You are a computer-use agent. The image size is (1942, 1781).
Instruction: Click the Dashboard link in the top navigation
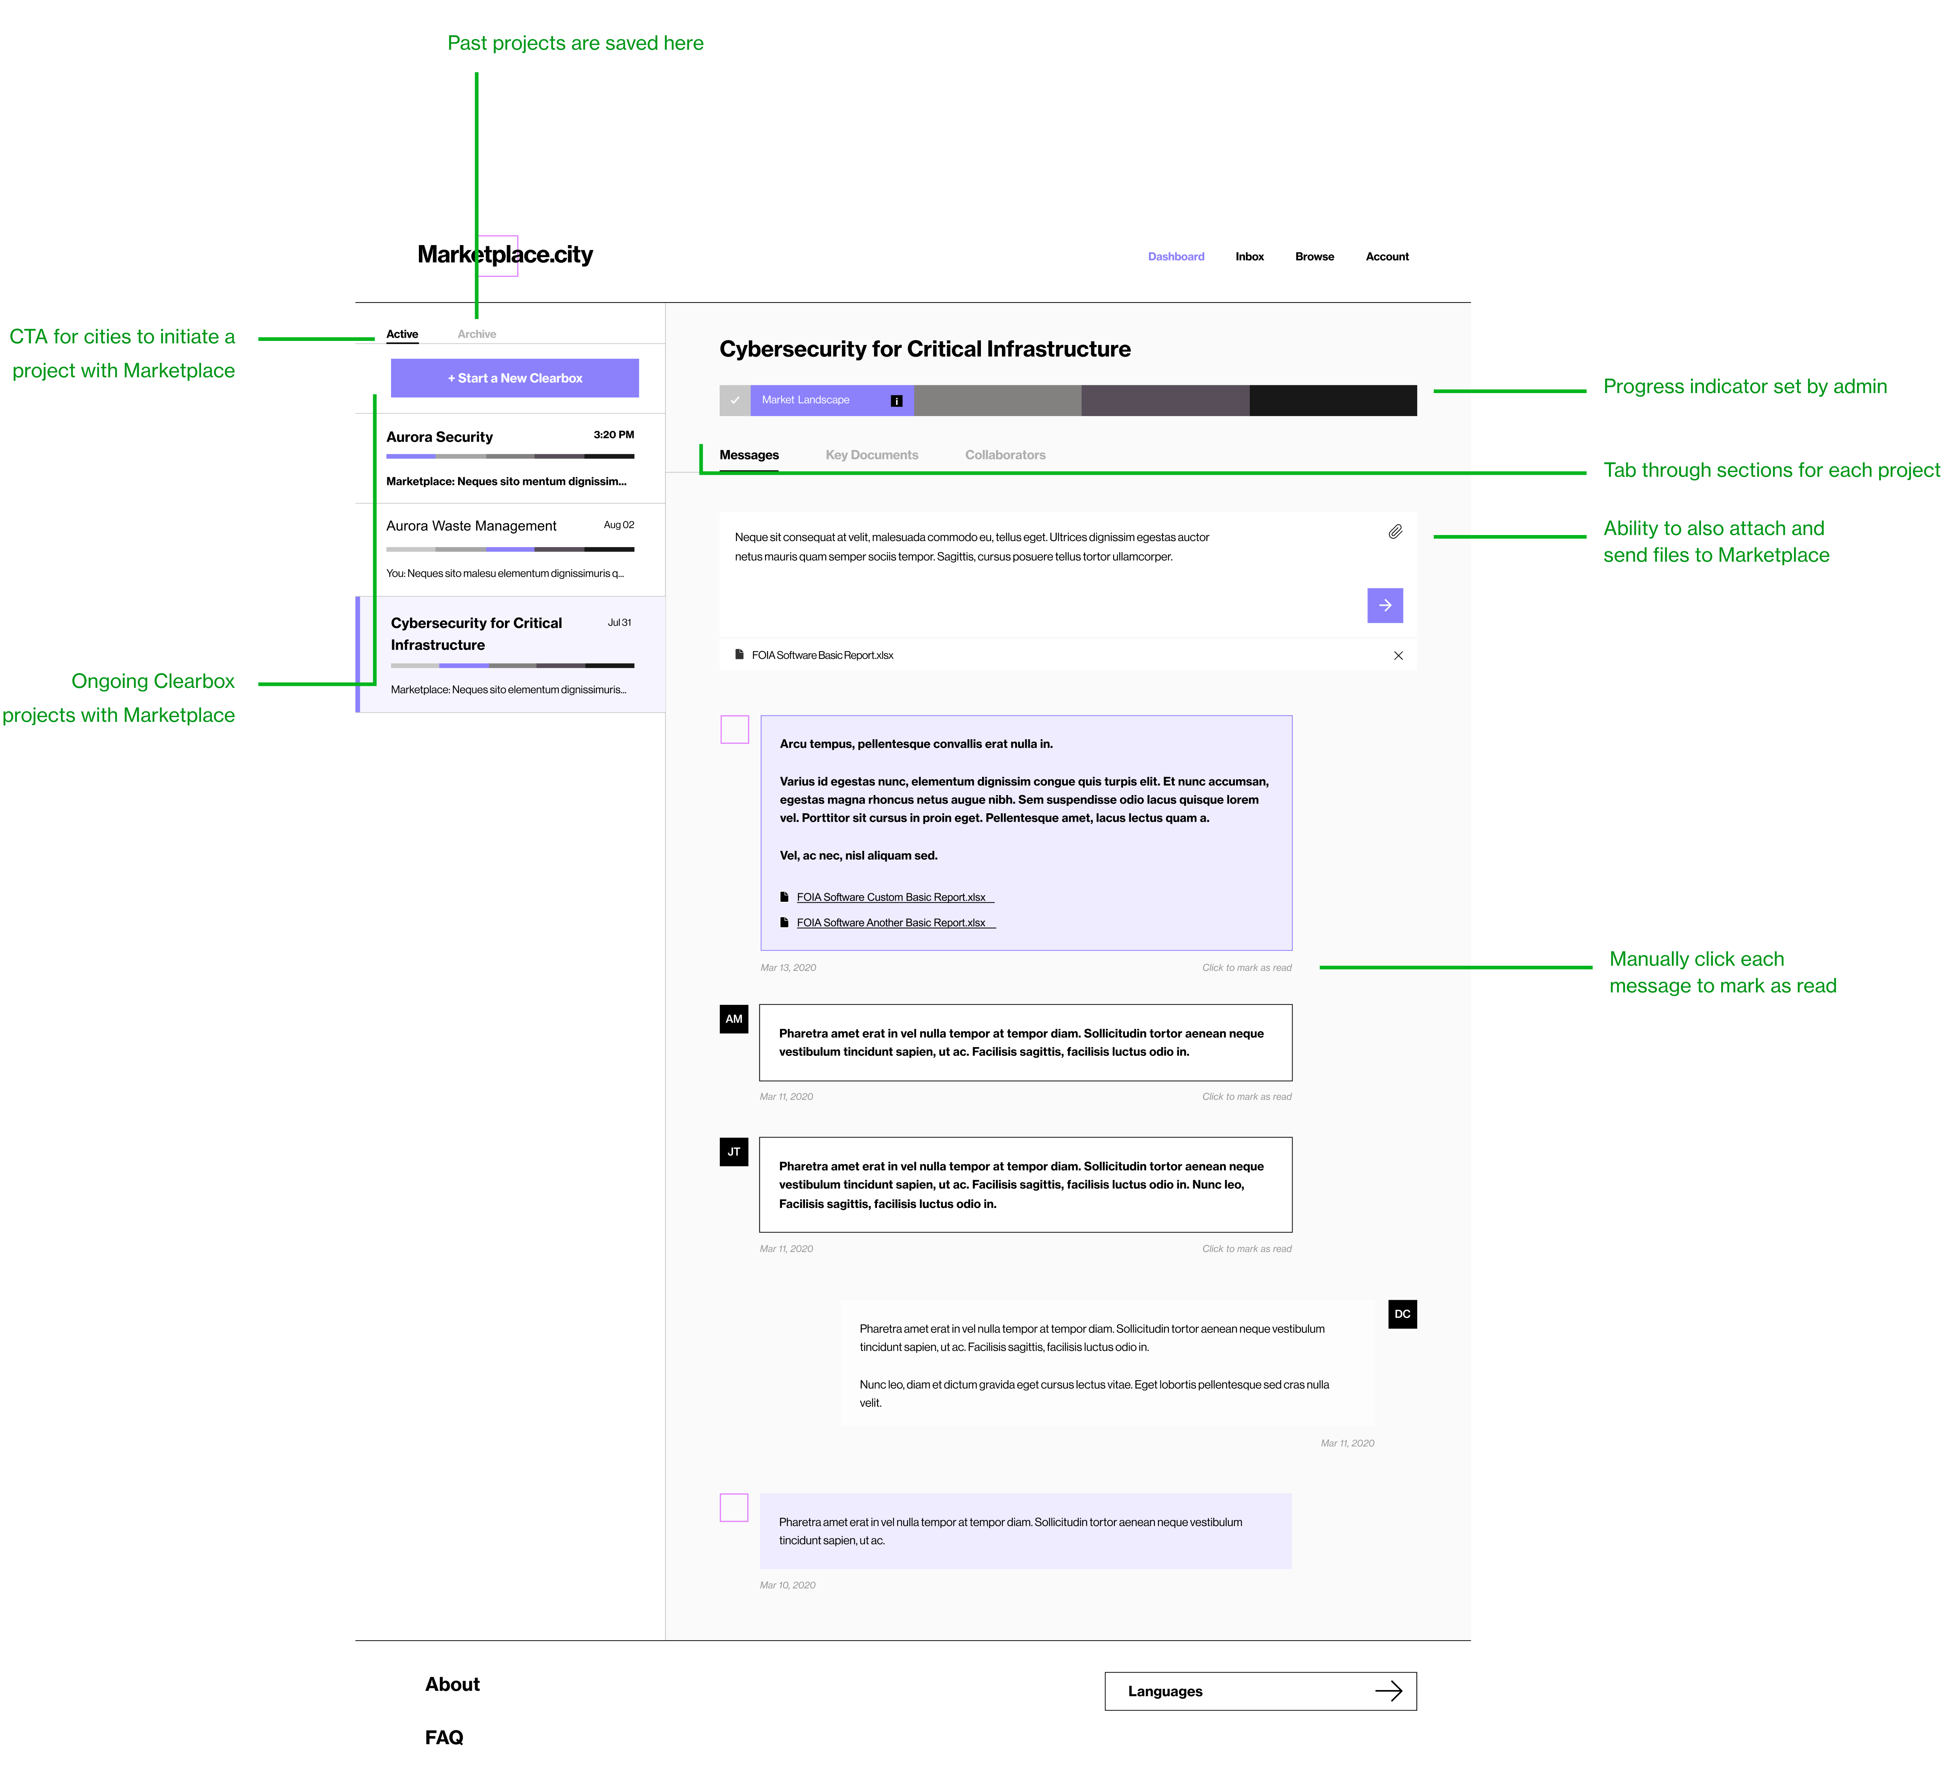coord(1176,256)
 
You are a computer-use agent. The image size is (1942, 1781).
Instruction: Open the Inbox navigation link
coord(1249,256)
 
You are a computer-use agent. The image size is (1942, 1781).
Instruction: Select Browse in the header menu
coord(1314,256)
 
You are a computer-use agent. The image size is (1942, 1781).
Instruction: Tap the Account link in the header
coord(1387,256)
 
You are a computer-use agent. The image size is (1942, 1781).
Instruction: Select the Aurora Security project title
coord(440,437)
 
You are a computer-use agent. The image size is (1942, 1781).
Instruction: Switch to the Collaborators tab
coord(1005,455)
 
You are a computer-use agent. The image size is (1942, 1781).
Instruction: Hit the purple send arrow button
coord(1385,605)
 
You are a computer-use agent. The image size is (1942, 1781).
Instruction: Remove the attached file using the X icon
coord(1399,656)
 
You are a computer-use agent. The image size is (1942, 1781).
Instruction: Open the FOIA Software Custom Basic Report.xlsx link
coord(892,897)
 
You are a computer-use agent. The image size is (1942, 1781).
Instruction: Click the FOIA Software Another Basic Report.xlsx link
coord(892,922)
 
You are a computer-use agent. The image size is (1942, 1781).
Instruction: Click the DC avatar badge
coord(1402,1314)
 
